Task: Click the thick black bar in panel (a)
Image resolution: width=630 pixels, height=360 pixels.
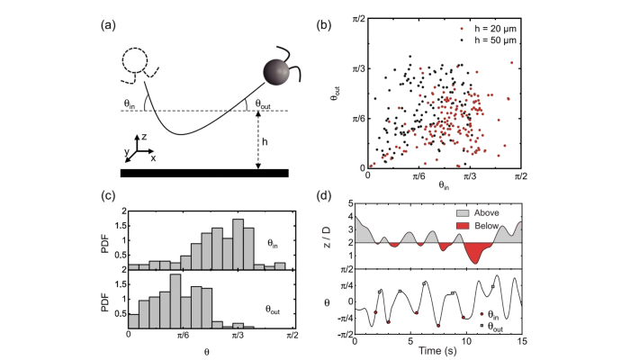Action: click(203, 171)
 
